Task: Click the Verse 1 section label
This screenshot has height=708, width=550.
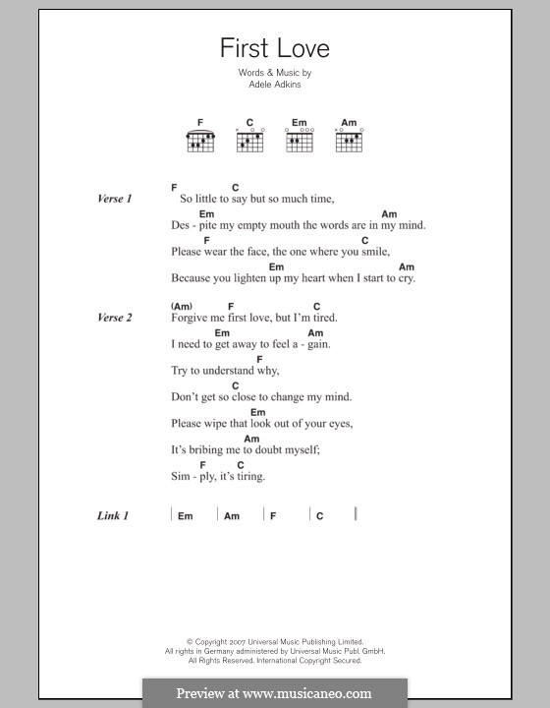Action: click(115, 199)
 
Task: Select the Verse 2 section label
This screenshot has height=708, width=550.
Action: click(115, 318)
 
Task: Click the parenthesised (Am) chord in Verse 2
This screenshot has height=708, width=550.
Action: click(182, 306)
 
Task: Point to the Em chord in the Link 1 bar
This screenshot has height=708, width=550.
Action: click(186, 516)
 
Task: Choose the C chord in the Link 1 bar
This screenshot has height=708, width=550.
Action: click(320, 516)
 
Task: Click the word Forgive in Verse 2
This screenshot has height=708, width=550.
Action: click(189, 318)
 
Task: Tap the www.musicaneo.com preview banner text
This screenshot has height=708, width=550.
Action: click(274, 693)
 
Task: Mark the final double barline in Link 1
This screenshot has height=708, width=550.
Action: click(356, 514)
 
